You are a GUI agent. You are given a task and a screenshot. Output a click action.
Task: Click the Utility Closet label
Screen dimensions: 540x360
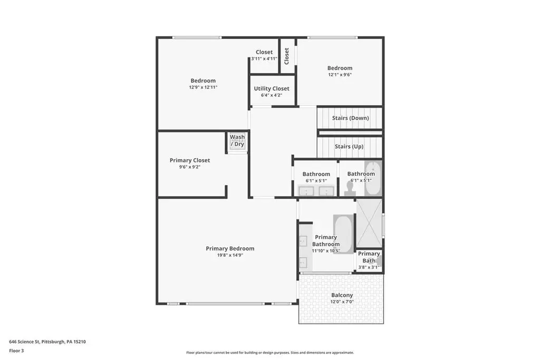click(272, 89)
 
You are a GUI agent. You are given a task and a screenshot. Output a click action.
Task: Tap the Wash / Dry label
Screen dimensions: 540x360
click(237, 140)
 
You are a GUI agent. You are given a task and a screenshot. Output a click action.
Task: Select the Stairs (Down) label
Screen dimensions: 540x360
click(350, 118)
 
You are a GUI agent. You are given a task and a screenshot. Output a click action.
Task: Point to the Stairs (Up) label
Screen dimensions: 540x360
click(349, 147)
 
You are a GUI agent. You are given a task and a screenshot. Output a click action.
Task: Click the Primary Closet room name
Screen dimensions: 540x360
click(190, 160)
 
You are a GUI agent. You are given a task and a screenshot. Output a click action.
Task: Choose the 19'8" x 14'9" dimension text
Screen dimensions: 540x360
click(230, 255)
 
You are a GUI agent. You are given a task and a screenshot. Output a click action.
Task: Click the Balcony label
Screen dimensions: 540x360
click(342, 295)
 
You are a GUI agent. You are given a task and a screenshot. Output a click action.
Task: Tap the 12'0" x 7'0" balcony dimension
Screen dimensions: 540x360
click(342, 302)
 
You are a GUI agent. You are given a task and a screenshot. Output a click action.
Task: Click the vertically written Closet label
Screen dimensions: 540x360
click(286, 56)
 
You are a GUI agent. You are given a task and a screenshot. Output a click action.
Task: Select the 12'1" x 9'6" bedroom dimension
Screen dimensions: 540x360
click(340, 75)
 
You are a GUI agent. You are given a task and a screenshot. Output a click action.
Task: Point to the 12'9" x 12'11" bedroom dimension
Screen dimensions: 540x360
click(203, 87)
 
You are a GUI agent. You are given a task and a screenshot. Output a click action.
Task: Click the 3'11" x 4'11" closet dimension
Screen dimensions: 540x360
click(264, 59)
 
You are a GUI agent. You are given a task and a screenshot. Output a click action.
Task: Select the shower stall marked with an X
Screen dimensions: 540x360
click(369, 223)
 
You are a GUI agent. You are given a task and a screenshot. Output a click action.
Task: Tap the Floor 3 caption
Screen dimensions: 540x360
click(16, 351)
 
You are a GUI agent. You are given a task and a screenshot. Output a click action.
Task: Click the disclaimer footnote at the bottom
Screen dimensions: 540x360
click(270, 353)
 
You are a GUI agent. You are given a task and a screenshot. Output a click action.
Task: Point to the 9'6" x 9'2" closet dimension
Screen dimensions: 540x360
click(190, 167)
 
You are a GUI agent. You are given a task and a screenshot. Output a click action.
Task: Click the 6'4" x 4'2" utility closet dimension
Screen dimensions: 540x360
click(272, 95)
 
